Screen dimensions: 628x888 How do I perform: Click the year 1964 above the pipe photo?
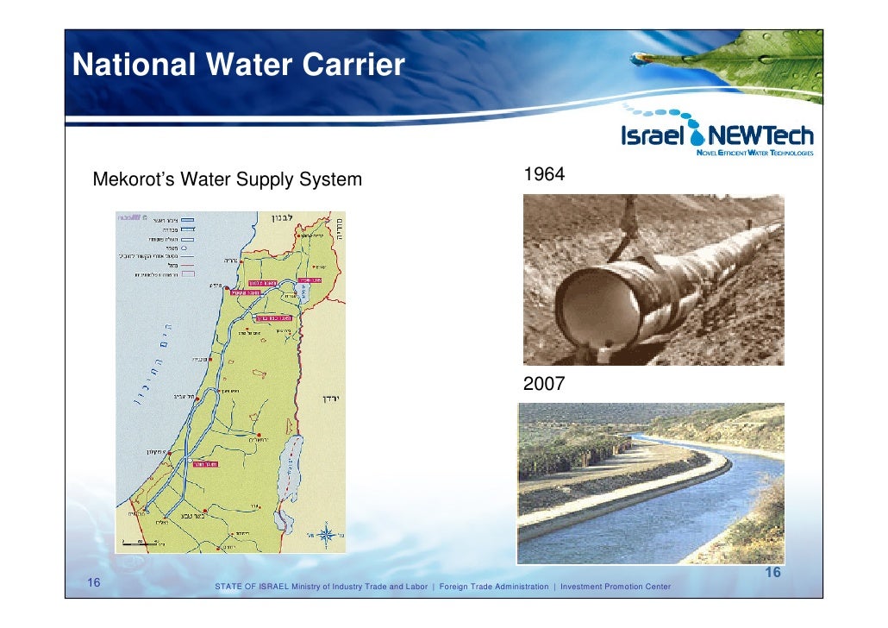(x=544, y=174)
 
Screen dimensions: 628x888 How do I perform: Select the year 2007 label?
(x=544, y=384)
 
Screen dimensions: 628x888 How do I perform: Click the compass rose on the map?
(x=327, y=534)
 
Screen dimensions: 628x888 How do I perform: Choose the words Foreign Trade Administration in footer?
(x=493, y=587)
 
